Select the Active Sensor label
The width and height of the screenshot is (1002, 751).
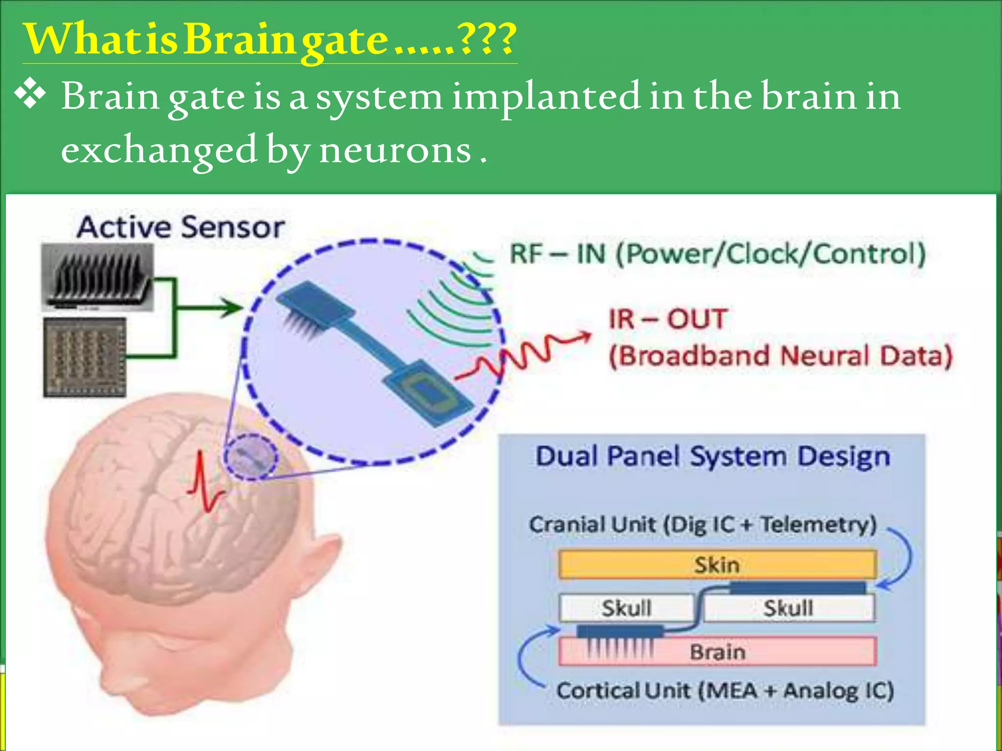point(181,228)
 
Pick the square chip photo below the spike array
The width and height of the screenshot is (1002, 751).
point(85,357)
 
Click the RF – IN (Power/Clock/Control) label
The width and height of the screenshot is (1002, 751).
point(717,254)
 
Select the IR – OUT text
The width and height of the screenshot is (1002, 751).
point(668,319)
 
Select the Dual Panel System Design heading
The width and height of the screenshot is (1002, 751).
point(712,457)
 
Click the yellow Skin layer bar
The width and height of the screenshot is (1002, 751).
point(717,565)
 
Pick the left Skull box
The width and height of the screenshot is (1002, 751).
point(626,608)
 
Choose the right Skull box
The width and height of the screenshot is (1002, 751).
point(788,608)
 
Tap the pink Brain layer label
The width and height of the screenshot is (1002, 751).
point(717,652)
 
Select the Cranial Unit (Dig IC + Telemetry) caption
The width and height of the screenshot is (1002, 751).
point(703,525)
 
